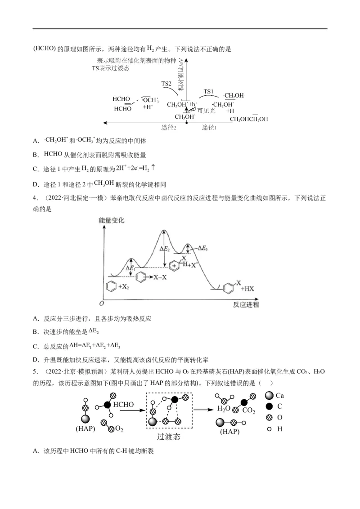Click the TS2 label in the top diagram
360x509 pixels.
pyautogui.click(x=166, y=84)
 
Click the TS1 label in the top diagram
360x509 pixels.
pyautogui.click(x=208, y=91)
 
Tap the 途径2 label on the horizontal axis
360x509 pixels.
pyautogui.click(x=169, y=127)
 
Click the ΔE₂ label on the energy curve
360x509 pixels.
pyautogui.click(x=165, y=247)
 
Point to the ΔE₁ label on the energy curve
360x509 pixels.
pyautogui.click(x=130, y=269)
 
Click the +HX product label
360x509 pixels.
pyautogui.click(x=248, y=289)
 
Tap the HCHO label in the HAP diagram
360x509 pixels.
pyautogui.click(x=123, y=405)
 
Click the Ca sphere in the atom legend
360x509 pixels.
pyautogui.click(x=269, y=396)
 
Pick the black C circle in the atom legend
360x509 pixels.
pyautogui.click(x=269, y=406)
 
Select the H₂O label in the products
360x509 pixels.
pyautogui.click(x=224, y=409)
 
